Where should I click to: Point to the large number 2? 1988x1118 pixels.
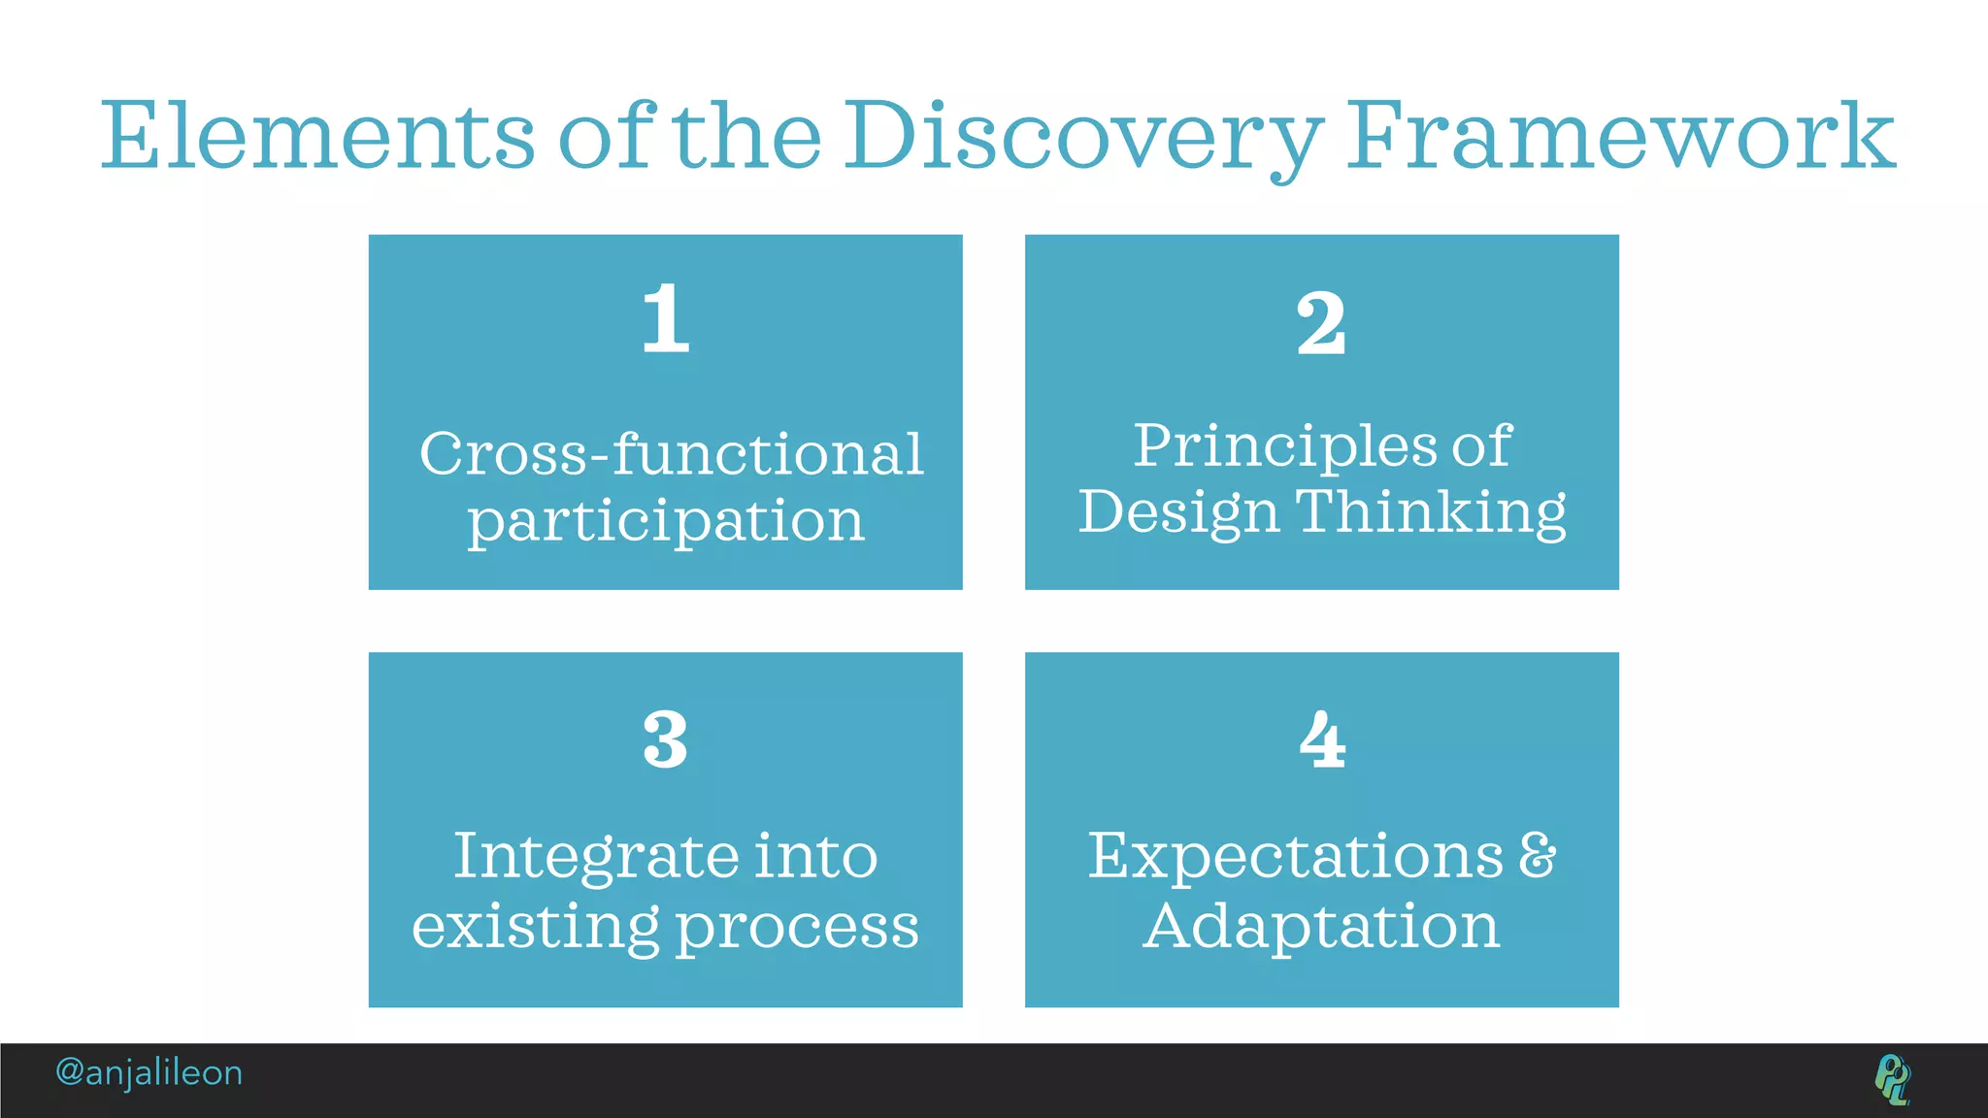click(x=1321, y=323)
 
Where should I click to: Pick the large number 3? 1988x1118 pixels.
click(x=666, y=740)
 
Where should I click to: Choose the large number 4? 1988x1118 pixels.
click(x=1322, y=740)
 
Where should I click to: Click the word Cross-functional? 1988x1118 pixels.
click(x=671, y=453)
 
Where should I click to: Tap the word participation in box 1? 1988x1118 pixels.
click(x=666, y=522)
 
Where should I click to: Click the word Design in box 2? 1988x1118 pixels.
click(x=1178, y=511)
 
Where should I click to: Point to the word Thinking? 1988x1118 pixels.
click(x=1431, y=511)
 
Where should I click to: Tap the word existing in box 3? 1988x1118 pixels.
click(x=536, y=927)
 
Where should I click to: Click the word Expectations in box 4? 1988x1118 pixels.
click(x=1295, y=857)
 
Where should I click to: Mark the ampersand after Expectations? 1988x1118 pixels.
click(x=1537, y=855)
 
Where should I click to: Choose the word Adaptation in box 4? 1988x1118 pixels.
click(x=1321, y=926)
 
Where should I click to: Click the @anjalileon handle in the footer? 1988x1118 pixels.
click(x=149, y=1072)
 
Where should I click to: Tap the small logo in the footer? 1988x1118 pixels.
click(x=1892, y=1078)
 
